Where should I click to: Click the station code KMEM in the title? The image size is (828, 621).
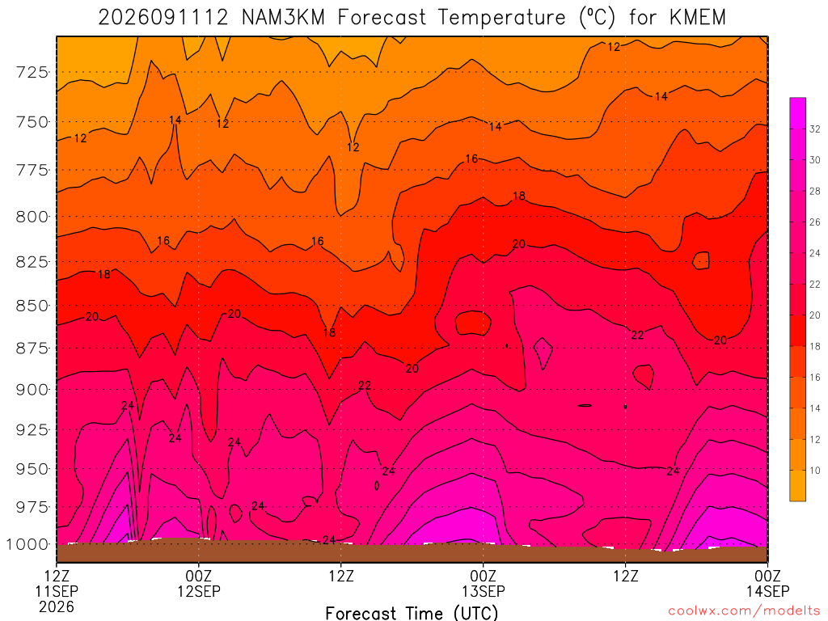point(698,18)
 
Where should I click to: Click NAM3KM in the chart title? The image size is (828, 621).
point(284,18)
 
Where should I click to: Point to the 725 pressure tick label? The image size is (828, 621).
point(32,72)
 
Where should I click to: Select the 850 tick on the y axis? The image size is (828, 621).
point(32,306)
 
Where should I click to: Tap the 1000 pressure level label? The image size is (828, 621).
point(27,544)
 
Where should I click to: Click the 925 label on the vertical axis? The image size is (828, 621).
point(32,430)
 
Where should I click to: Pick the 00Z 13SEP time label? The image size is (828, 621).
point(484,584)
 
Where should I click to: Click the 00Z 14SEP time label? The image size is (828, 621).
point(768,584)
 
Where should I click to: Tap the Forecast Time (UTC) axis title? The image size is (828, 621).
point(412,613)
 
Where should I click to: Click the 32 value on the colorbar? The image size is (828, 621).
point(815,129)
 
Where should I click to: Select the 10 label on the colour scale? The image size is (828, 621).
point(815,471)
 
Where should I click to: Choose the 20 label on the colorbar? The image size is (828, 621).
point(815,315)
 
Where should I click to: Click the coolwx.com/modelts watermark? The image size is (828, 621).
point(744,611)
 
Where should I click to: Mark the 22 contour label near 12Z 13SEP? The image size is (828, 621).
point(637,336)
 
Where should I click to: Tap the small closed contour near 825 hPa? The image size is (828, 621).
point(701,260)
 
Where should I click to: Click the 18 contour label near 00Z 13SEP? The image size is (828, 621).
point(519,196)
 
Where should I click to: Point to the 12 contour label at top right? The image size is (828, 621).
point(614,47)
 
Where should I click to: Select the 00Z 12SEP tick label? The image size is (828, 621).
point(199,584)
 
